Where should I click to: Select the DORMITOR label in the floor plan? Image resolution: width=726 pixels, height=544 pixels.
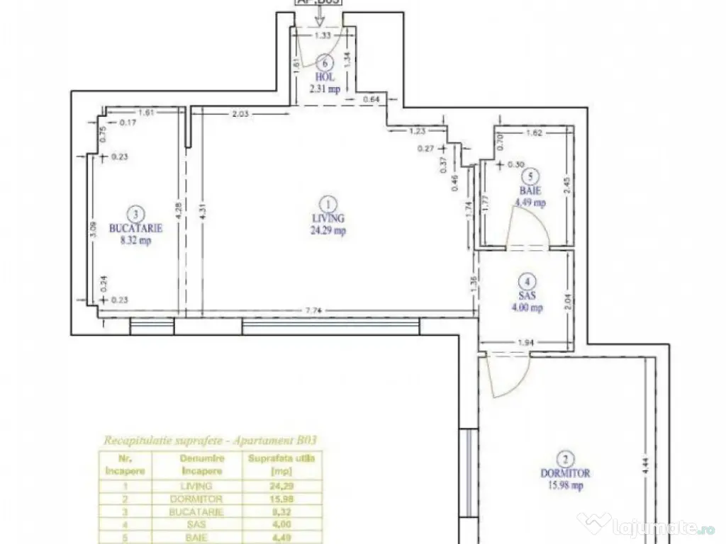pyautogui.click(x=564, y=473)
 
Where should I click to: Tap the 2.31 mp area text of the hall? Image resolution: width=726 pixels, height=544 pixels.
pyautogui.click(x=325, y=89)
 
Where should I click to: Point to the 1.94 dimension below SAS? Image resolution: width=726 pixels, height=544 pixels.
pyautogui.click(x=525, y=344)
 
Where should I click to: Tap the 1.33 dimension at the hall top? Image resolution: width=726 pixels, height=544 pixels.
pyautogui.click(x=323, y=35)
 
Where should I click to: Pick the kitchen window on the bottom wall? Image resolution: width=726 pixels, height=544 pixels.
pyautogui.click(x=152, y=327)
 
